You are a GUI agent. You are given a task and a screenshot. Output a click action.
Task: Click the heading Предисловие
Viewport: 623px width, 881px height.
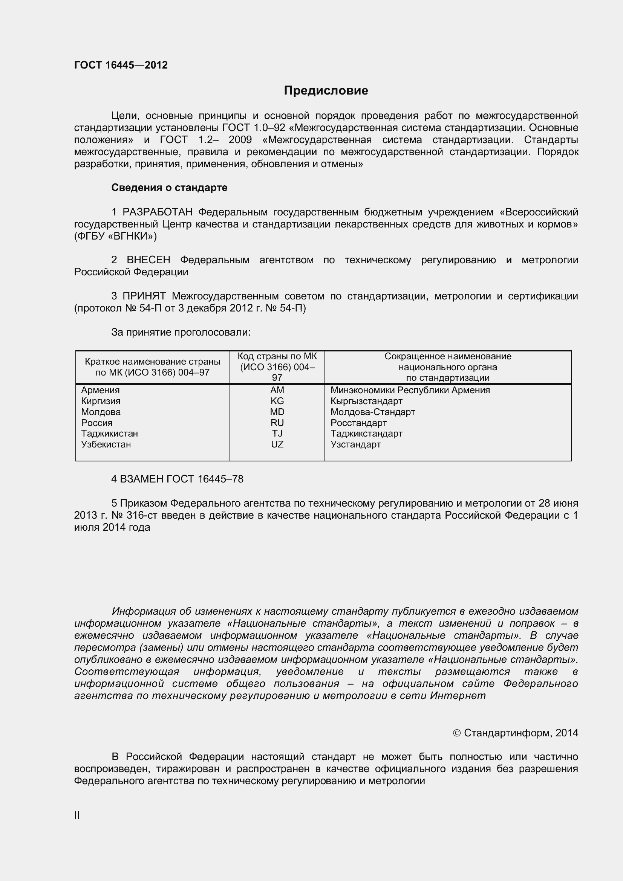326,90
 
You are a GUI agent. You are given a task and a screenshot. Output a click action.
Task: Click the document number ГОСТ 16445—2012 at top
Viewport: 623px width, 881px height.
121,65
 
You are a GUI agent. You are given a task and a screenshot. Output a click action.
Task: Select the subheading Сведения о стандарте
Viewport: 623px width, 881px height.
169,188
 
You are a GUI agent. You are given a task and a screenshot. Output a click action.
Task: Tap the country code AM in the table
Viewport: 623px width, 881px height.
277,390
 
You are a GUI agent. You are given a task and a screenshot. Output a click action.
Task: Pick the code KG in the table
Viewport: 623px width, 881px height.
277,401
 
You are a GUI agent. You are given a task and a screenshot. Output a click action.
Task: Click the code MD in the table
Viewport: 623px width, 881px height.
277,412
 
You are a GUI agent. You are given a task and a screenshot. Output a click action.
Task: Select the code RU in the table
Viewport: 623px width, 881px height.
277,423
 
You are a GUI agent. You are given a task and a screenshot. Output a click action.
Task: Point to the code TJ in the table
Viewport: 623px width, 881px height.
277,434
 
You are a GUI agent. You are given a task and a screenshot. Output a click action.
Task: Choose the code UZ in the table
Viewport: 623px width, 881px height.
277,444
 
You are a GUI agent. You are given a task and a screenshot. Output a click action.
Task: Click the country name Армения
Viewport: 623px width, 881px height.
100,390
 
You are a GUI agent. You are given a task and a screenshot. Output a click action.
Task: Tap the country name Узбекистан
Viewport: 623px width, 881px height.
106,444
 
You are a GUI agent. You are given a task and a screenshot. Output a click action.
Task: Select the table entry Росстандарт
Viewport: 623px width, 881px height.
358,423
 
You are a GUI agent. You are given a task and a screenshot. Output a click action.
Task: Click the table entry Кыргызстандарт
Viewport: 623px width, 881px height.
366,401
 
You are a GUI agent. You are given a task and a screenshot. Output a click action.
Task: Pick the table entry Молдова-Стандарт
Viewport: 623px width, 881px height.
373,412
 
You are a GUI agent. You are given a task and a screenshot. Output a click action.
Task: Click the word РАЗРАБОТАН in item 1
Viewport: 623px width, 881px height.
158,212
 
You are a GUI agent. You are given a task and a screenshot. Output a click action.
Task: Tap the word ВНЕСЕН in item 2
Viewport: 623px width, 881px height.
148,260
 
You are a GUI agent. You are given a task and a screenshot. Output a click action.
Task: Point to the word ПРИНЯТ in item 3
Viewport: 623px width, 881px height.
144,296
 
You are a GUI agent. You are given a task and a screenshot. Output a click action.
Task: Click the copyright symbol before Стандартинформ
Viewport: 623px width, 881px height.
456,733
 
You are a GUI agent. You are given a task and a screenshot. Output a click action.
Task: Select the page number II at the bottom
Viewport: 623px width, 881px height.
77,815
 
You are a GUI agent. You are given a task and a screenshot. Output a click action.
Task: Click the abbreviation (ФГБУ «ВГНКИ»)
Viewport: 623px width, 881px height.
116,237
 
